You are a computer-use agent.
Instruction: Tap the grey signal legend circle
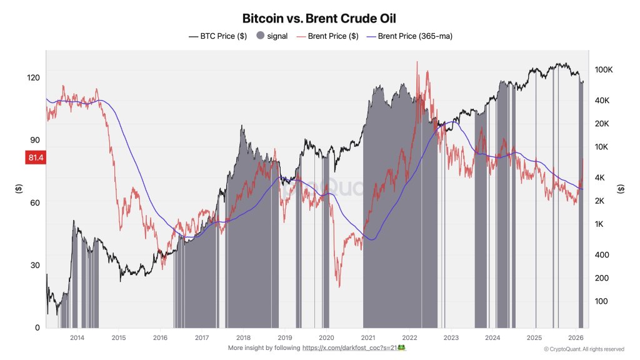tap(261, 36)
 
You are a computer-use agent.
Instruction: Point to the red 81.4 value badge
tap(34, 157)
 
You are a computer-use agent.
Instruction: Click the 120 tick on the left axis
tap(33, 77)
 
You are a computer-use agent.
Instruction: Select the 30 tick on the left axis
tap(35, 265)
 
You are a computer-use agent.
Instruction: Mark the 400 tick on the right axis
tap(601, 255)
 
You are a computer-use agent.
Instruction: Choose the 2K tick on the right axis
tap(600, 201)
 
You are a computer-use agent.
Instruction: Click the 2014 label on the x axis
tap(77, 337)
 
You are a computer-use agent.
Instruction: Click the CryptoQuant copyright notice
tap(584, 349)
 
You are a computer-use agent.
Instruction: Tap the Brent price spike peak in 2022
tap(416, 62)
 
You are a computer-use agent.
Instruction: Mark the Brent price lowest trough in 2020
tap(339, 287)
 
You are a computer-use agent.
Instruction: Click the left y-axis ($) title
tap(18, 188)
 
